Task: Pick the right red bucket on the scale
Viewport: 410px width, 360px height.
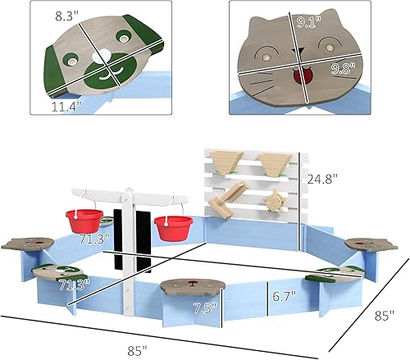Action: [174, 227]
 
